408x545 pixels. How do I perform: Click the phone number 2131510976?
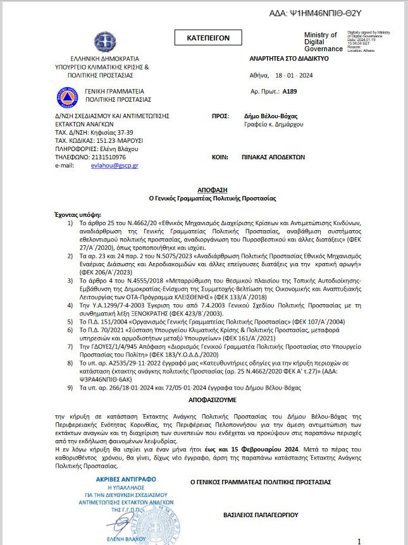[101, 157]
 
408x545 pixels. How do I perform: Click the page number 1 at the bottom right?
[359, 541]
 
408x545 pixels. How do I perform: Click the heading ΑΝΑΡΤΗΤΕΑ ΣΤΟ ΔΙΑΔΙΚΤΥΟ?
[289, 58]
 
